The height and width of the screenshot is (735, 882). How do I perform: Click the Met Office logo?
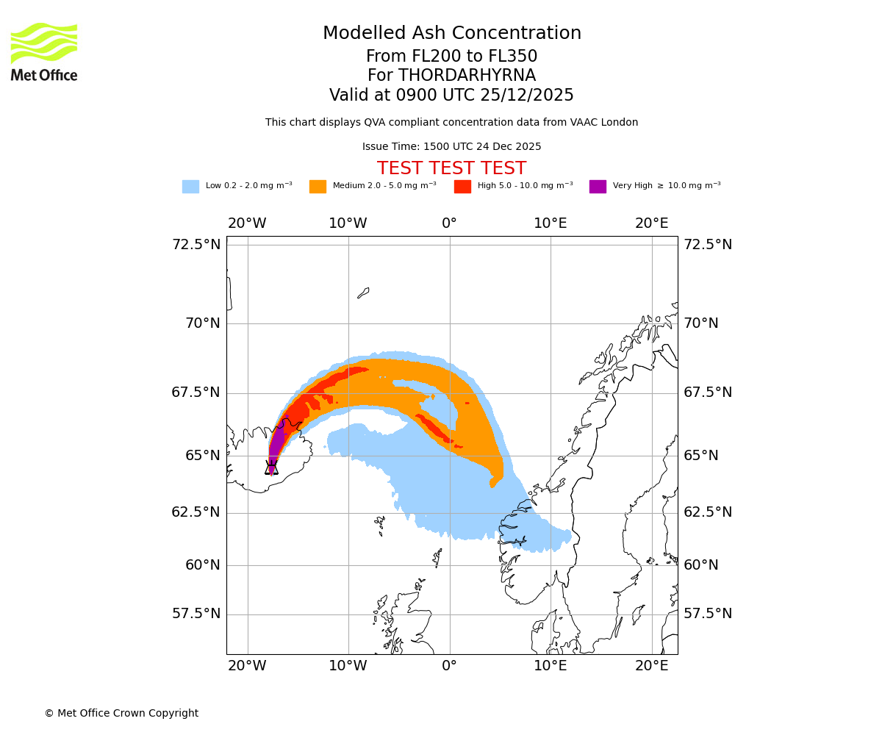click(44, 51)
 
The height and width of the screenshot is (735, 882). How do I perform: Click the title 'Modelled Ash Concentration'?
click(452, 33)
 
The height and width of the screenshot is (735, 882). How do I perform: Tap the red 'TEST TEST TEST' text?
click(451, 168)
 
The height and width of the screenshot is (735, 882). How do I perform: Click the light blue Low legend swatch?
click(190, 187)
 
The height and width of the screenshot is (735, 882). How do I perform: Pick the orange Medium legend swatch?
click(318, 187)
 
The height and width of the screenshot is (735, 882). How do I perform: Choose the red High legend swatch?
click(462, 187)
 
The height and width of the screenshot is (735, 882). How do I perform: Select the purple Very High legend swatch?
click(598, 187)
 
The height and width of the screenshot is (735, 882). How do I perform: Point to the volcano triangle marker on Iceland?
click(271, 467)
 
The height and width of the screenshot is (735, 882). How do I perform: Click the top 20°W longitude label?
click(247, 223)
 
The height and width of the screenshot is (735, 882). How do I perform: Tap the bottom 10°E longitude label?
click(551, 666)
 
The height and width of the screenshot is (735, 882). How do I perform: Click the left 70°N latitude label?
click(196, 323)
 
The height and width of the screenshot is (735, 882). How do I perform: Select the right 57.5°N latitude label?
click(708, 614)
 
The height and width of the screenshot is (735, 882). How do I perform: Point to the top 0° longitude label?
click(449, 223)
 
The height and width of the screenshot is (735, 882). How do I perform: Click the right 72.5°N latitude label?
click(708, 245)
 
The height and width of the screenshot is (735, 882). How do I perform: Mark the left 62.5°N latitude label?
click(196, 512)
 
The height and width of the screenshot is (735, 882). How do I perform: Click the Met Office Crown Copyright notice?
click(121, 713)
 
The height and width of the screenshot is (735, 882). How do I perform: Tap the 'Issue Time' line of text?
click(451, 146)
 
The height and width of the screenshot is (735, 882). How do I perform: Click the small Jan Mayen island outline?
click(363, 293)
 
